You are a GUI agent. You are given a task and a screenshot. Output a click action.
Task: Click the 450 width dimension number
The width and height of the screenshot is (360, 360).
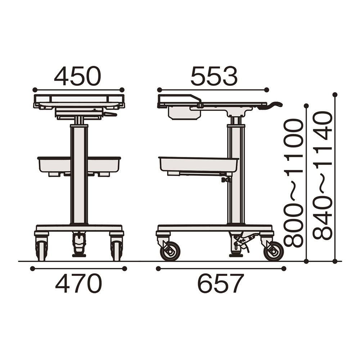click(78, 76)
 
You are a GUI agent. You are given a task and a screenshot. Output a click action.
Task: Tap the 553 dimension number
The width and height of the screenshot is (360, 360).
click(214, 76)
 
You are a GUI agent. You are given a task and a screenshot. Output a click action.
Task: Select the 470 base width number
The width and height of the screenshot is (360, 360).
click(78, 283)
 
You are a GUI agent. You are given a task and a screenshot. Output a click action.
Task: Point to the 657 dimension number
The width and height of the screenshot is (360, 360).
click(220, 283)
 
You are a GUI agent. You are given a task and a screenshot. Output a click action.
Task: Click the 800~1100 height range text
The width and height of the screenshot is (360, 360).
click(293, 183)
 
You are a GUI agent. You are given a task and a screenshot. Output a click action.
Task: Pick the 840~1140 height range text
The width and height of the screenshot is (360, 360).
click(323, 176)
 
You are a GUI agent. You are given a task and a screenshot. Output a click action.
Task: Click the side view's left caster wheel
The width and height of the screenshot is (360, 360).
click(170, 251)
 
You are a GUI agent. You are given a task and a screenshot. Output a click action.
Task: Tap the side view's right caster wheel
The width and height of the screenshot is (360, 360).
click(274, 251)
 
